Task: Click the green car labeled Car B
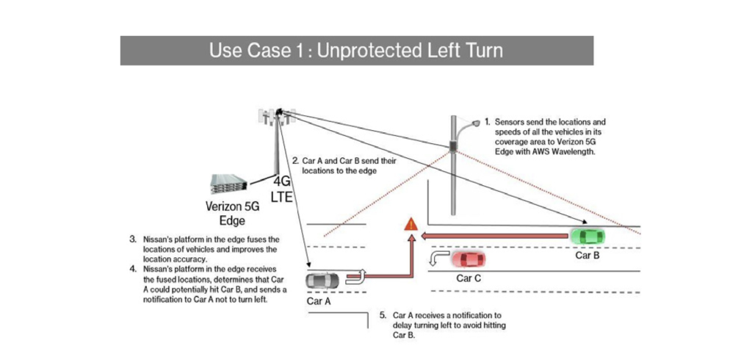tap(587, 237)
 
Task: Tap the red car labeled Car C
tap(469, 259)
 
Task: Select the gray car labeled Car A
tap(324, 280)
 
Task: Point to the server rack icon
tap(229, 183)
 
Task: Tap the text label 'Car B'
tap(588, 256)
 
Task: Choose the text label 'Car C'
tap(469, 278)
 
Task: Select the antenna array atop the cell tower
tap(277, 114)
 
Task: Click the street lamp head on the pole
tap(478, 123)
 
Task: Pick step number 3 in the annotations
tap(133, 240)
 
